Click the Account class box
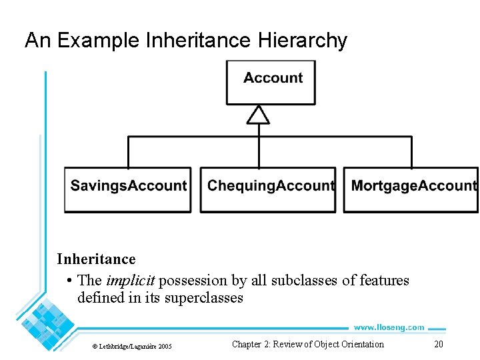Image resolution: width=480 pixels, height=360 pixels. [271, 82]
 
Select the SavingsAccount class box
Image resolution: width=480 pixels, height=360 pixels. [128, 189]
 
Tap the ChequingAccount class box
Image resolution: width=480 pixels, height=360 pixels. [268, 189]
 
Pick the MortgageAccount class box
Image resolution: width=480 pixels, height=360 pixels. [411, 189]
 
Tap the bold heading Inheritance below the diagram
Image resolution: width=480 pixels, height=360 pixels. [96, 259]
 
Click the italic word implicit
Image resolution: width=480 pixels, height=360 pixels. [131, 281]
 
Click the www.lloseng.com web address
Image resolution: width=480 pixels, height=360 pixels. [389, 327]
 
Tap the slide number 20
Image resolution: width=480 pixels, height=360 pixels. [438, 344]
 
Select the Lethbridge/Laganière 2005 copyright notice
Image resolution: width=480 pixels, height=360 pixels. [131, 346]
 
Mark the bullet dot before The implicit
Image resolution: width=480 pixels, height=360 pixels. [70, 281]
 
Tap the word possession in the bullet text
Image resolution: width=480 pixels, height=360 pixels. [193, 281]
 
